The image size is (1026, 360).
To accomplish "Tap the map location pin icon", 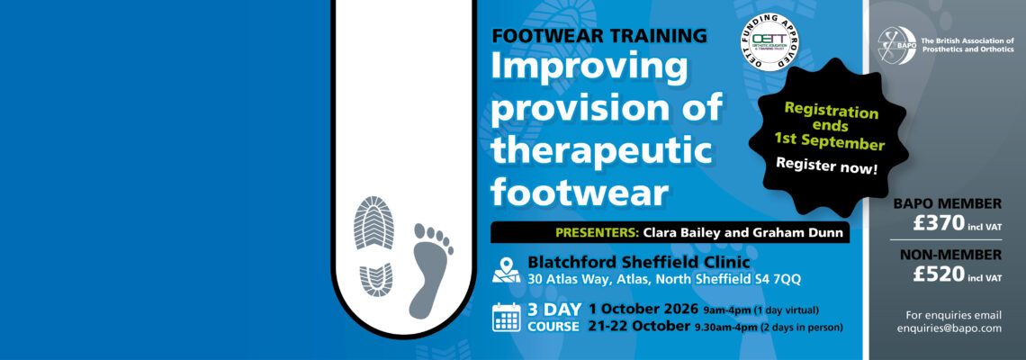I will pos(508,269).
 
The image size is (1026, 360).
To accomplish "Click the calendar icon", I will pos(507,318).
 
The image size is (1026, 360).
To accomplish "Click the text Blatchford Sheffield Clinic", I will pos(629,262).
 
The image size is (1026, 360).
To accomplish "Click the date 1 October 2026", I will pos(644,310).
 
